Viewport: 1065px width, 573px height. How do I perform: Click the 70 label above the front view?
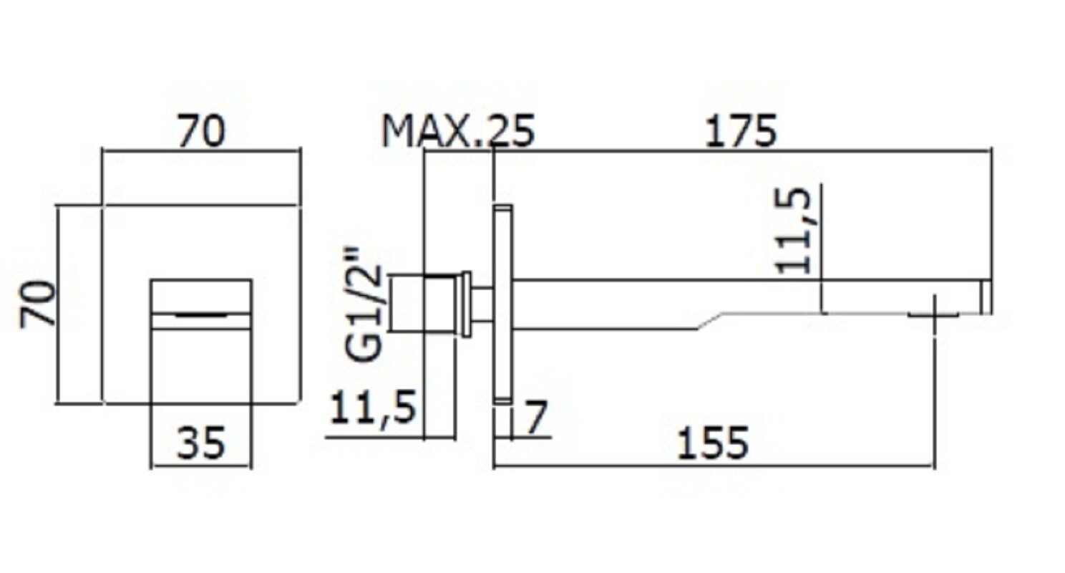pyautogui.click(x=201, y=132)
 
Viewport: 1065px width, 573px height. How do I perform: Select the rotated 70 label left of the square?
pyautogui.click(x=37, y=304)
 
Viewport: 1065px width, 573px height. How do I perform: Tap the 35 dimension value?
pyautogui.click(x=201, y=442)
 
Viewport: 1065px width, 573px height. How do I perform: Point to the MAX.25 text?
pyautogui.click(x=458, y=132)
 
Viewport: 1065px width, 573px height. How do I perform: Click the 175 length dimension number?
pyautogui.click(x=741, y=132)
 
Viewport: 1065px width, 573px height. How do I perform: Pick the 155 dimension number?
pyautogui.click(x=713, y=442)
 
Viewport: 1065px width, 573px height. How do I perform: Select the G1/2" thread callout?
pyautogui.click(x=369, y=304)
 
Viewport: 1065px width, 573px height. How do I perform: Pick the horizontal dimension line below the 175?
pyautogui.click(x=741, y=151)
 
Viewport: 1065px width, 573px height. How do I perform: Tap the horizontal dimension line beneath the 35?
pyautogui.click(x=201, y=467)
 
